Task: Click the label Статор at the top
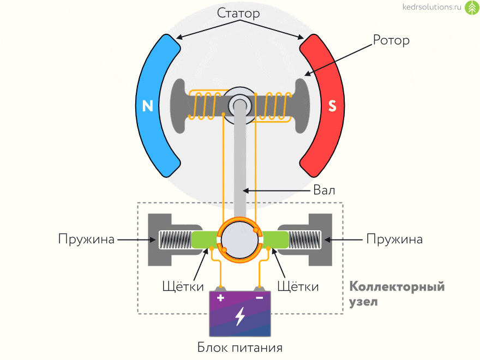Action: (x=238, y=13)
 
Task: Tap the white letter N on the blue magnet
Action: (x=147, y=105)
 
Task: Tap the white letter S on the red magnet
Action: (x=332, y=106)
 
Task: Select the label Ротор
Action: (x=391, y=40)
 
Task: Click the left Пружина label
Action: (x=87, y=239)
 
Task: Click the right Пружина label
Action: (x=394, y=239)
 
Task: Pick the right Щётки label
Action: (x=298, y=286)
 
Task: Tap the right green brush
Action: (x=276, y=239)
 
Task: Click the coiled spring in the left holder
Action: (x=174, y=239)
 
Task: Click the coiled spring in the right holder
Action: (x=305, y=239)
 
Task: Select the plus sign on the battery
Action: (x=221, y=298)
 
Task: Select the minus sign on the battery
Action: (x=260, y=298)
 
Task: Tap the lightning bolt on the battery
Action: (x=240, y=316)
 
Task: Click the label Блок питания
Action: (x=240, y=347)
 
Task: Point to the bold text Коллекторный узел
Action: (x=397, y=294)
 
